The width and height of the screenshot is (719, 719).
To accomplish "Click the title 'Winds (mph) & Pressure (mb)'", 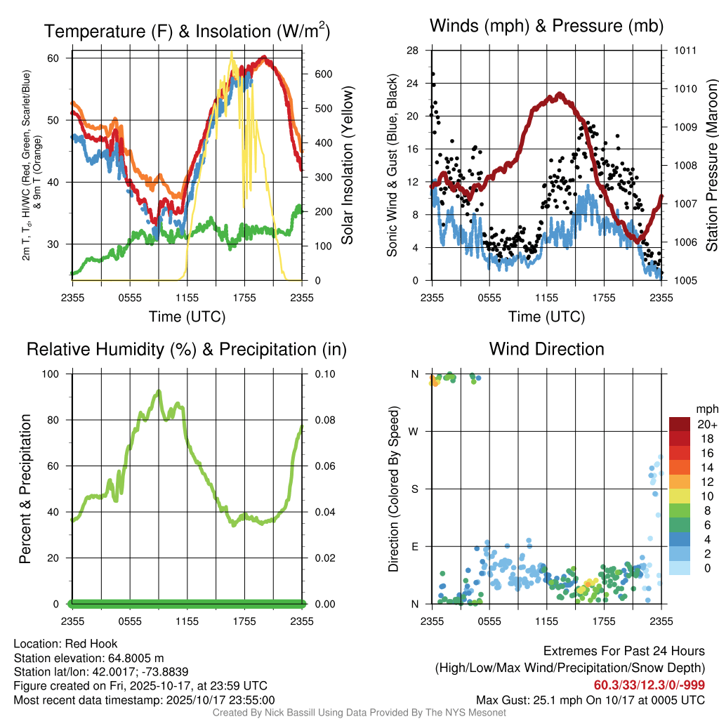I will coord(546,27).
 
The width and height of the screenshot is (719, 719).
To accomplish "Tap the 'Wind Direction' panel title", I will coord(546,349).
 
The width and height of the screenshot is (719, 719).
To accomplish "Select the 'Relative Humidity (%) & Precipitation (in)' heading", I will coord(187,349).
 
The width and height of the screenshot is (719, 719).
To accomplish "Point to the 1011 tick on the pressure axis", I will coord(685,51).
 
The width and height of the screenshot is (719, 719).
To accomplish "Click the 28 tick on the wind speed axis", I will coord(413,51).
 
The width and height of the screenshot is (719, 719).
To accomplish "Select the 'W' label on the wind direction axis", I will coord(414,432).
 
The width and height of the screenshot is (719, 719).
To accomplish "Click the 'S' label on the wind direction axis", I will coord(415,489).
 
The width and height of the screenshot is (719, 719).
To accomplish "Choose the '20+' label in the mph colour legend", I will coord(706,424).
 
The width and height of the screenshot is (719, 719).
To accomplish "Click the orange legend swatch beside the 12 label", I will coord(680,482).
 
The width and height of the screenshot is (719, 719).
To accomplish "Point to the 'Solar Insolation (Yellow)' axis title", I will coord(348,166).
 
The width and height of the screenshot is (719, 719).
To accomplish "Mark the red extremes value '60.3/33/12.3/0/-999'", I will coord(649,685).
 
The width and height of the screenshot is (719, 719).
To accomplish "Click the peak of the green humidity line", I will coord(159,391).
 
